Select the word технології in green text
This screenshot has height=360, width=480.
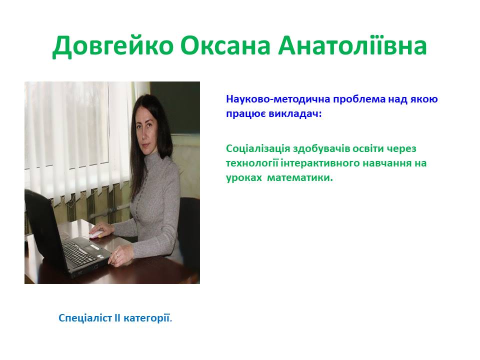coord(252,163)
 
